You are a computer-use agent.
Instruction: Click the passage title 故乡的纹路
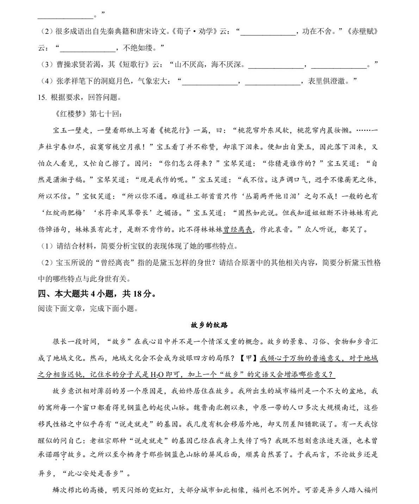point(209,325)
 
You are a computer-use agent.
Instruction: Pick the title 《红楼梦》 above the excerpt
point(70,114)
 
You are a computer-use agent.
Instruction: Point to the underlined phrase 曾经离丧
point(238,230)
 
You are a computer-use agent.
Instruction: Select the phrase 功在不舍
point(317,31)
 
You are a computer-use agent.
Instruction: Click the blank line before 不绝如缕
point(88,48)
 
